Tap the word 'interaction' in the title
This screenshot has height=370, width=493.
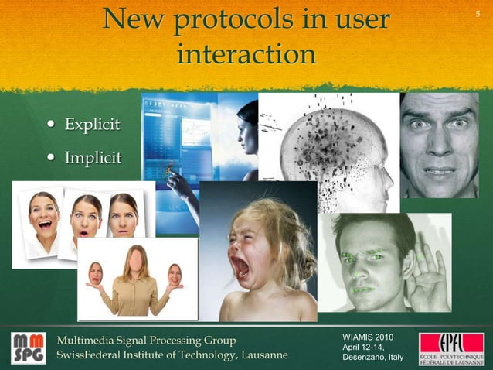click(x=246, y=54)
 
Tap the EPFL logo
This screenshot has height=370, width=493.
click(x=451, y=348)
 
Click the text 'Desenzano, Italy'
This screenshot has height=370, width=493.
click(x=372, y=358)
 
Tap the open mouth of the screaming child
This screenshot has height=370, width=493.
click(x=240, y=267)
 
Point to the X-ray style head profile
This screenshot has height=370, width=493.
click(x=332, y=147)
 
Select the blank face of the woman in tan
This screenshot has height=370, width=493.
click(x=137, y=261)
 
